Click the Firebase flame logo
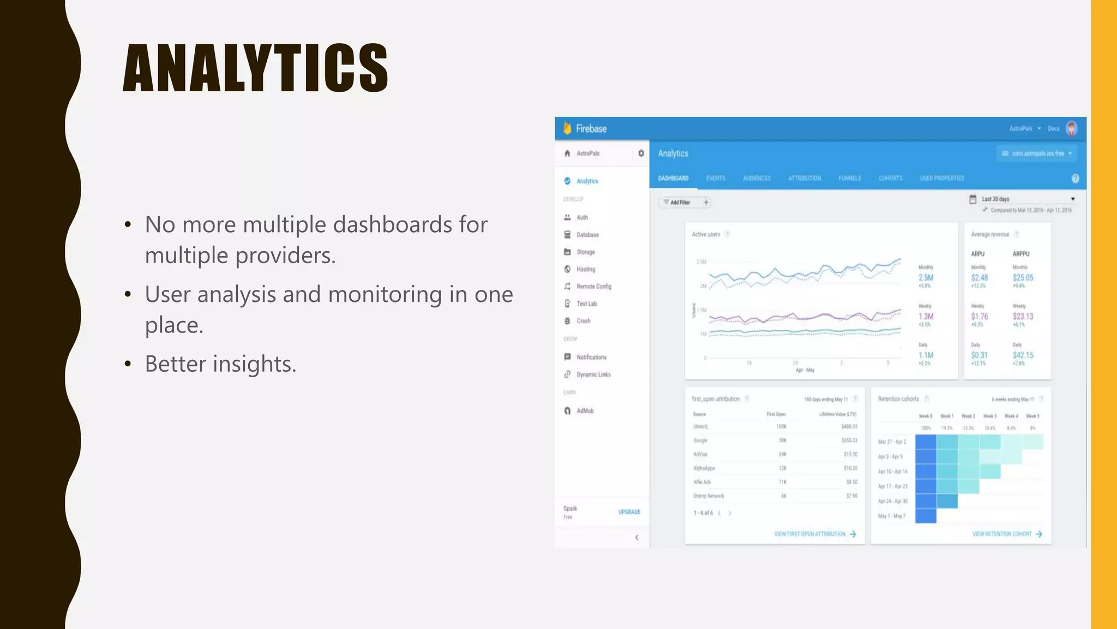click(567, 128)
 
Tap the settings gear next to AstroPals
click(641, 153)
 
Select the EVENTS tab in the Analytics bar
click(716, 179)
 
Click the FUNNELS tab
click(850, 179)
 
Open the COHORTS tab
click(890, 179)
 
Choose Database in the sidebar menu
click(587, 235)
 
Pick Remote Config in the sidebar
click(593, 287)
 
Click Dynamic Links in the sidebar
click(593, 375)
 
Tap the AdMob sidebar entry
click(585, 411)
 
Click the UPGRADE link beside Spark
click(629, 512)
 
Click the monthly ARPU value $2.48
click(979, 278)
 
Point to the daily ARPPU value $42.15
click(1023, 355)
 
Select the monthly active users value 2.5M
click(926, 278)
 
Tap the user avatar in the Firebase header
click(1071, 129)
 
